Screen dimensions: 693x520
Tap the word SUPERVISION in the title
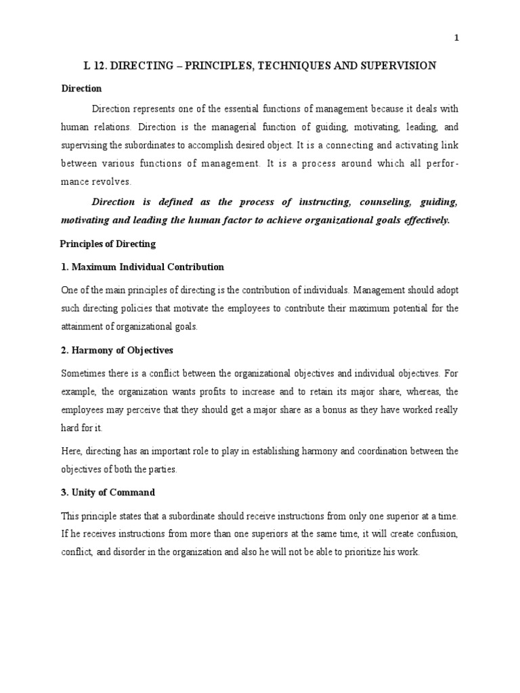coord(396,66)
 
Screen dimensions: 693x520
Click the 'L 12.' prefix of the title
coord(95,66)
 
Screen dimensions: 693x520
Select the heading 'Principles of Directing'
coord(108,244)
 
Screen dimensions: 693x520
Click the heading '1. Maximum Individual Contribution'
coord(142,267)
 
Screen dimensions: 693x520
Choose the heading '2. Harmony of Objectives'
coord(117,350)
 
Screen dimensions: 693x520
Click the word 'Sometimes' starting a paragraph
coord(83,373)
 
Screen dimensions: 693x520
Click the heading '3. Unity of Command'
coord(108,492)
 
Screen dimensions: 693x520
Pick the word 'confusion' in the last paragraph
coord(437,533)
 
